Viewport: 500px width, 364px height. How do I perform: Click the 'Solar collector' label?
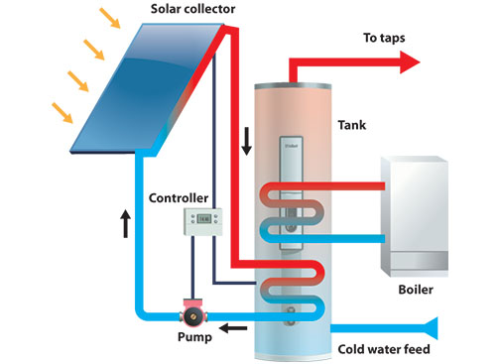point(198,9)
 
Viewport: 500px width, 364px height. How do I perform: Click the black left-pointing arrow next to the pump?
point(233,329)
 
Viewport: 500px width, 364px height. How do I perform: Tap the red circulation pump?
point(189,318)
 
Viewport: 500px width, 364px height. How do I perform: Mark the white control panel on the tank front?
point(292,193)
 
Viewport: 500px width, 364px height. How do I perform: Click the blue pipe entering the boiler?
point(357,239)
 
